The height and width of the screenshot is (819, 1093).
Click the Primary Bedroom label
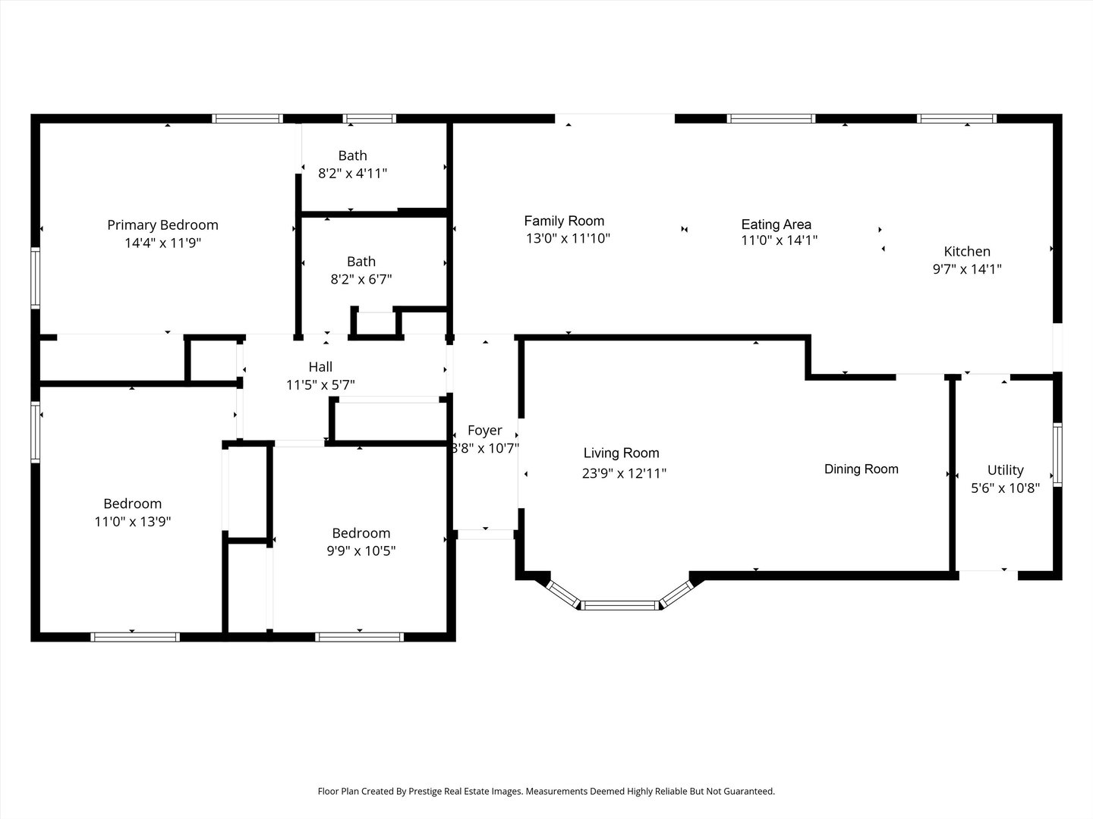coord(163,225)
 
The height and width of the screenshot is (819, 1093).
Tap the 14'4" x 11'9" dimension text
coord(163,243)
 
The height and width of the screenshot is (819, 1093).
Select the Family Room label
coord(564,221)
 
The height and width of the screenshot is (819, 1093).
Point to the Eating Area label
coord(776,224)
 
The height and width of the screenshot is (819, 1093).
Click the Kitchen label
coord(967,251)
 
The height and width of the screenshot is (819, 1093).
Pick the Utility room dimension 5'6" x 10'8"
coord(1006,488)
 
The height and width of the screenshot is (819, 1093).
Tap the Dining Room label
coord(861,469)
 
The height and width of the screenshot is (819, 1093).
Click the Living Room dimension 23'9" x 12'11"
coord(624,473)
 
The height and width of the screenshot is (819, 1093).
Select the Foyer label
coord(485,430)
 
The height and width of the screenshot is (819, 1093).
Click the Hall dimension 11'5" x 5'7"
coord(320,385)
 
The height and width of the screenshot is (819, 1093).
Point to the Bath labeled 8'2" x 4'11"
coord(352,155)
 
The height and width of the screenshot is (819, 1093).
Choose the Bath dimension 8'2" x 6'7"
coord(361,280)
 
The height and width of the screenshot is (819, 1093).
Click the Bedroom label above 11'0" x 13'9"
coord(133,504)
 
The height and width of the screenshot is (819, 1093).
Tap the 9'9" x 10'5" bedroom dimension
coord(361,551)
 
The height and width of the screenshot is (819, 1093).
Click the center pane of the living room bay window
coord(620,605)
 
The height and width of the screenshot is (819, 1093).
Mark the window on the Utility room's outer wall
coord(1057,454)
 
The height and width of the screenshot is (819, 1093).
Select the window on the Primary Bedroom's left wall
coord(36,278)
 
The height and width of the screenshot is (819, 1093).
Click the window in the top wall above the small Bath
coord(370,118)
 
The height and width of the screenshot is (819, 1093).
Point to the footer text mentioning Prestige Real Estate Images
coord(546,791)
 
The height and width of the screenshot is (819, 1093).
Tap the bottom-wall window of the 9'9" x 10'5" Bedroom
coord(360,637)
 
